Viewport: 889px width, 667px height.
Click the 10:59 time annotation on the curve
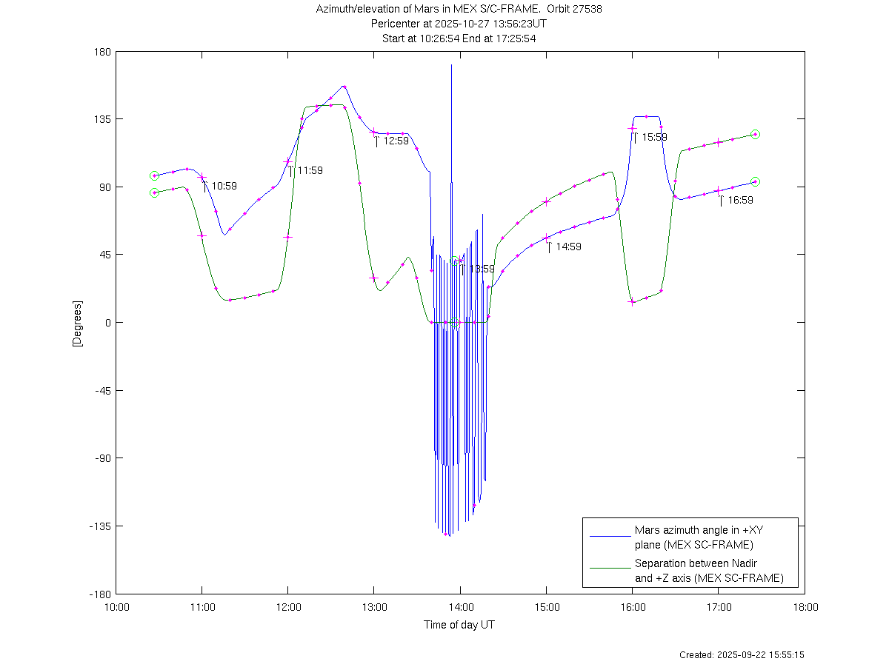224,186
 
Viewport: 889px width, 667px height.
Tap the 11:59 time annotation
310,170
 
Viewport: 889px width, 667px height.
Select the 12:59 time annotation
396,141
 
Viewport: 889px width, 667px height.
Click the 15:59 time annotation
654,137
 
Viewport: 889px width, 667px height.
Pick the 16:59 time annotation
740,200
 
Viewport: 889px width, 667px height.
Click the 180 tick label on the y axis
102,52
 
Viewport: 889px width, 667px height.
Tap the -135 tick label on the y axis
99,526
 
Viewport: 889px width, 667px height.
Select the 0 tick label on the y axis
107,323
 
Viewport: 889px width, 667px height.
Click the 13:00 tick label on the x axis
374,608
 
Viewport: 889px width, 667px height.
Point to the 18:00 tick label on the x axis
805,608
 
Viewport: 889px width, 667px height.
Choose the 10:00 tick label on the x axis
116,608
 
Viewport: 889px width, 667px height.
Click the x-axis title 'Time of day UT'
459,625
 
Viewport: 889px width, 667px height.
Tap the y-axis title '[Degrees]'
76,323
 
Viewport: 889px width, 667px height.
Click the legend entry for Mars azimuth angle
693,537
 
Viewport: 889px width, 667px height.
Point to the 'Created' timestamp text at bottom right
742,655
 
